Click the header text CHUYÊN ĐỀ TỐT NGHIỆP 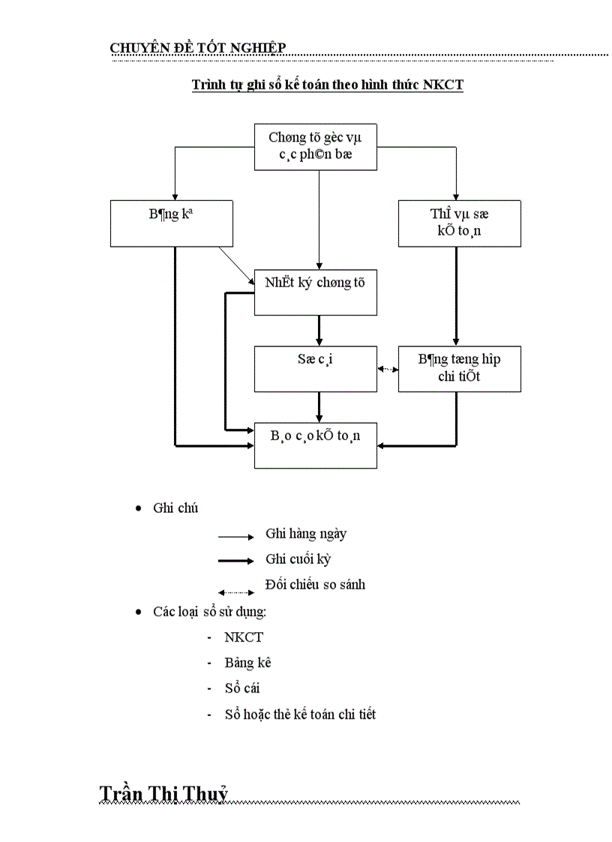[198, 48]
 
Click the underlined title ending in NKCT [327, 85]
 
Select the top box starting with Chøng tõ [315, 146]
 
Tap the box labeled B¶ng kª [171, 223]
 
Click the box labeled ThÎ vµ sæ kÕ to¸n [459, 223]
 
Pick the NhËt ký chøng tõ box [315, 292]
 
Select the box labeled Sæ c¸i [315, 368]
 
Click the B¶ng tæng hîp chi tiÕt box [459, 368]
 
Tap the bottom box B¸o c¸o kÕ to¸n [315, 445]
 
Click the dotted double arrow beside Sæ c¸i [388, 369]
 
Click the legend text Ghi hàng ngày [306, 534]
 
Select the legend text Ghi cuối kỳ [298, 559]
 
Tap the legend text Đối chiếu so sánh [315, 584]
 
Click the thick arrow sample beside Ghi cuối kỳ [236, 561]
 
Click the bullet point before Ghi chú [138, 508]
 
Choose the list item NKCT [244, 637]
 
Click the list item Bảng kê [247, 663]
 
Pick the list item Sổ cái [242, 688]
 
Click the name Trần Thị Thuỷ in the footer [163, 794]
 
